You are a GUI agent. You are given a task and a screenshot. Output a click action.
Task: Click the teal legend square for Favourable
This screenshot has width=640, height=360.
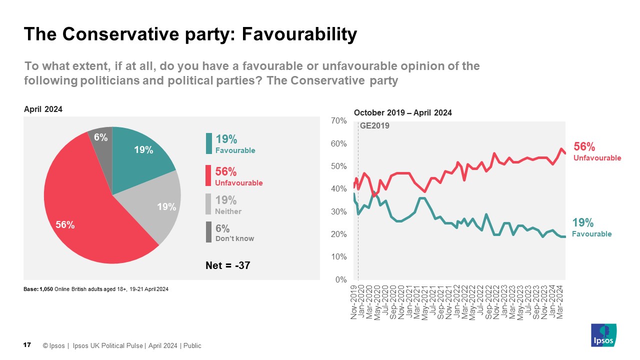click(208, 143)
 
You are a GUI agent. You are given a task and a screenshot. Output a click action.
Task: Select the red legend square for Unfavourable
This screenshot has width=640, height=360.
click(208, 176)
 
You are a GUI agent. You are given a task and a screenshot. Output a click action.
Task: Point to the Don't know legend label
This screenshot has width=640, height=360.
click(234, 238)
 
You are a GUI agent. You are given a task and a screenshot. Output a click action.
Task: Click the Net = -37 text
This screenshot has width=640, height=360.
click(228, 266)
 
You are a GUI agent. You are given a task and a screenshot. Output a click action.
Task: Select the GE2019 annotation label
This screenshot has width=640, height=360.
click(374, 126)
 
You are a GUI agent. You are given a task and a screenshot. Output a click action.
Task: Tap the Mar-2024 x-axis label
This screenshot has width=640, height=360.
click(560, 301)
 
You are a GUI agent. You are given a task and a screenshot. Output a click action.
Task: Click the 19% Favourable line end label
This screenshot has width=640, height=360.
click(592, 227)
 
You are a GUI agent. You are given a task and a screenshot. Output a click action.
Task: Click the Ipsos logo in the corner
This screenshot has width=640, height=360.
click(603, 335)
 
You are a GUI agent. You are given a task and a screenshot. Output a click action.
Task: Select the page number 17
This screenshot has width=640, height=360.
click(27, 345)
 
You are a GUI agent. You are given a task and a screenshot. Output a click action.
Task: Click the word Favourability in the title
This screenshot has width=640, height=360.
click(299, 34)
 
